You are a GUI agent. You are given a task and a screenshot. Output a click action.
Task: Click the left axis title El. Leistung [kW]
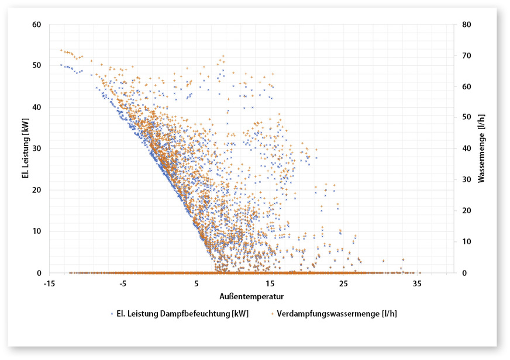[x=26, y=148]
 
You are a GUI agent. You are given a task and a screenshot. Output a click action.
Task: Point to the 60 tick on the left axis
[x=39, y=25]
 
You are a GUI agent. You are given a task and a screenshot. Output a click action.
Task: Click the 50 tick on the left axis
[x=39, y=65]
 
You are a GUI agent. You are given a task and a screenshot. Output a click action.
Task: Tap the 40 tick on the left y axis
[x=39, y=107]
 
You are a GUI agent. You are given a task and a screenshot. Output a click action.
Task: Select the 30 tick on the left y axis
[x=39, y=148]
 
